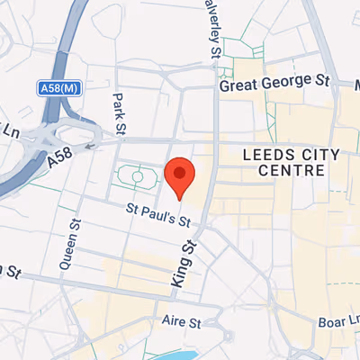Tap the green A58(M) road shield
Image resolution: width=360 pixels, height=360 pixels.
click(x=58, y=88)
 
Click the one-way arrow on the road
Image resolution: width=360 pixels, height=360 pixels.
click(x=89, y=144)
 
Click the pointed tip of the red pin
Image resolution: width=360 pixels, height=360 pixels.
click(x=180, y=199)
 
